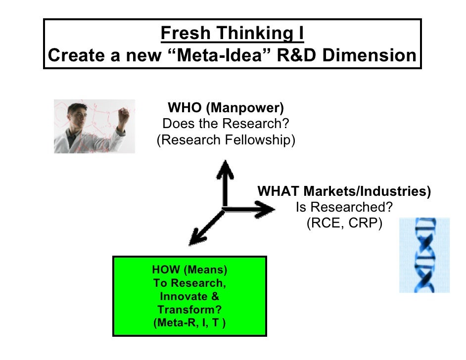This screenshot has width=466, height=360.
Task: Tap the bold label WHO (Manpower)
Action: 226,108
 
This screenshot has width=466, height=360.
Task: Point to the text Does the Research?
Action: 226,124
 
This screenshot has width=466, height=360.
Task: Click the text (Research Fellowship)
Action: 226,140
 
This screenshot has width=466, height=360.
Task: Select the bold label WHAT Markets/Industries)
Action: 344,191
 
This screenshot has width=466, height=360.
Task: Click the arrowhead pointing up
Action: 226,168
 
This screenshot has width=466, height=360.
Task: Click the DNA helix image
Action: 424,255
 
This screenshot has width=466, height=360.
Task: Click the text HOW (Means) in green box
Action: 189,270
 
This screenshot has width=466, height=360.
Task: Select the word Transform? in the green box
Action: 189,310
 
